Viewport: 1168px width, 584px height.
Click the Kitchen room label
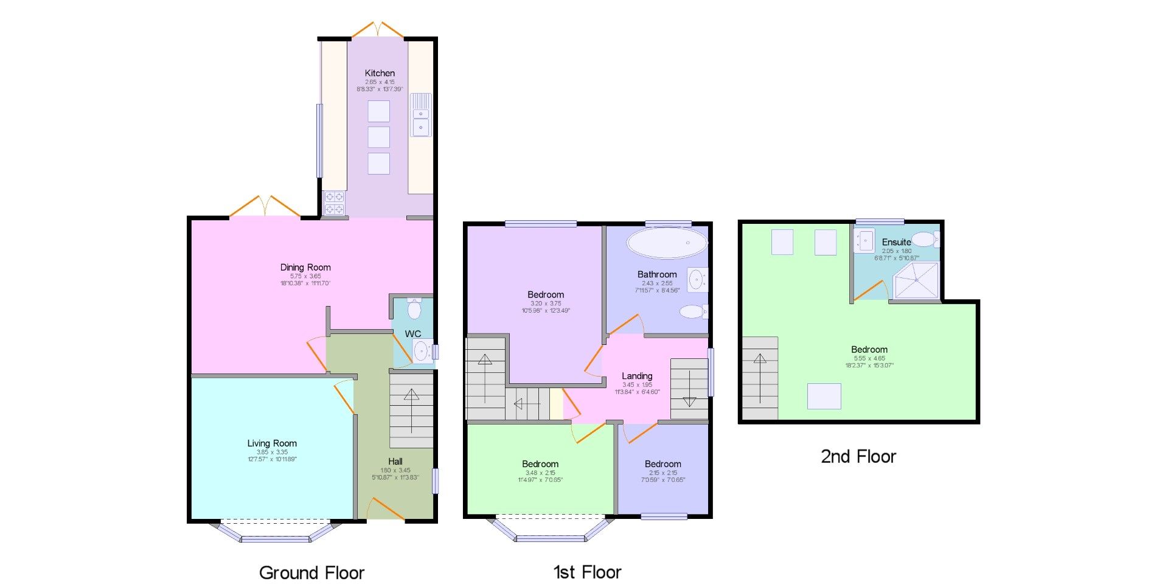click(x=380, y=73)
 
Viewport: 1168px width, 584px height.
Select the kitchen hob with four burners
click(x=334, y=203)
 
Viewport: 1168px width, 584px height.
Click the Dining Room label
click(x=305, y=267)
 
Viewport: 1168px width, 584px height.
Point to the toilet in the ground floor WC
click(x=414, y=309)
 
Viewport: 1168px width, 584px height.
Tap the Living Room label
click(x=272, y=443)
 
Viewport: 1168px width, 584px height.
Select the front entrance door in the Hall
click(x=386, y=510)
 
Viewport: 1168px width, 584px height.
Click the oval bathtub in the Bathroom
click(x=667, y=243)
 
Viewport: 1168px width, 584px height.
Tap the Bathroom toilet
click(x=692, y=312)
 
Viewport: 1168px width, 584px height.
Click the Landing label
click(x=637, y=376)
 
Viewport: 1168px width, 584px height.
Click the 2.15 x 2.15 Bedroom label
click(x=662, y=464)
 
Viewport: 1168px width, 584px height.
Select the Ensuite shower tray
click(x=916, y=280)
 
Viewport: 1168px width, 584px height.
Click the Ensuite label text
click(x=896, y=242)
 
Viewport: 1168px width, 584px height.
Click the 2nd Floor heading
click(x=858, y=457)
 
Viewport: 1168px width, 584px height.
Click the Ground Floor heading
click(x=311, y=572)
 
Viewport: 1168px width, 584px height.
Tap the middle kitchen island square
click(x=378, y=137)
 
